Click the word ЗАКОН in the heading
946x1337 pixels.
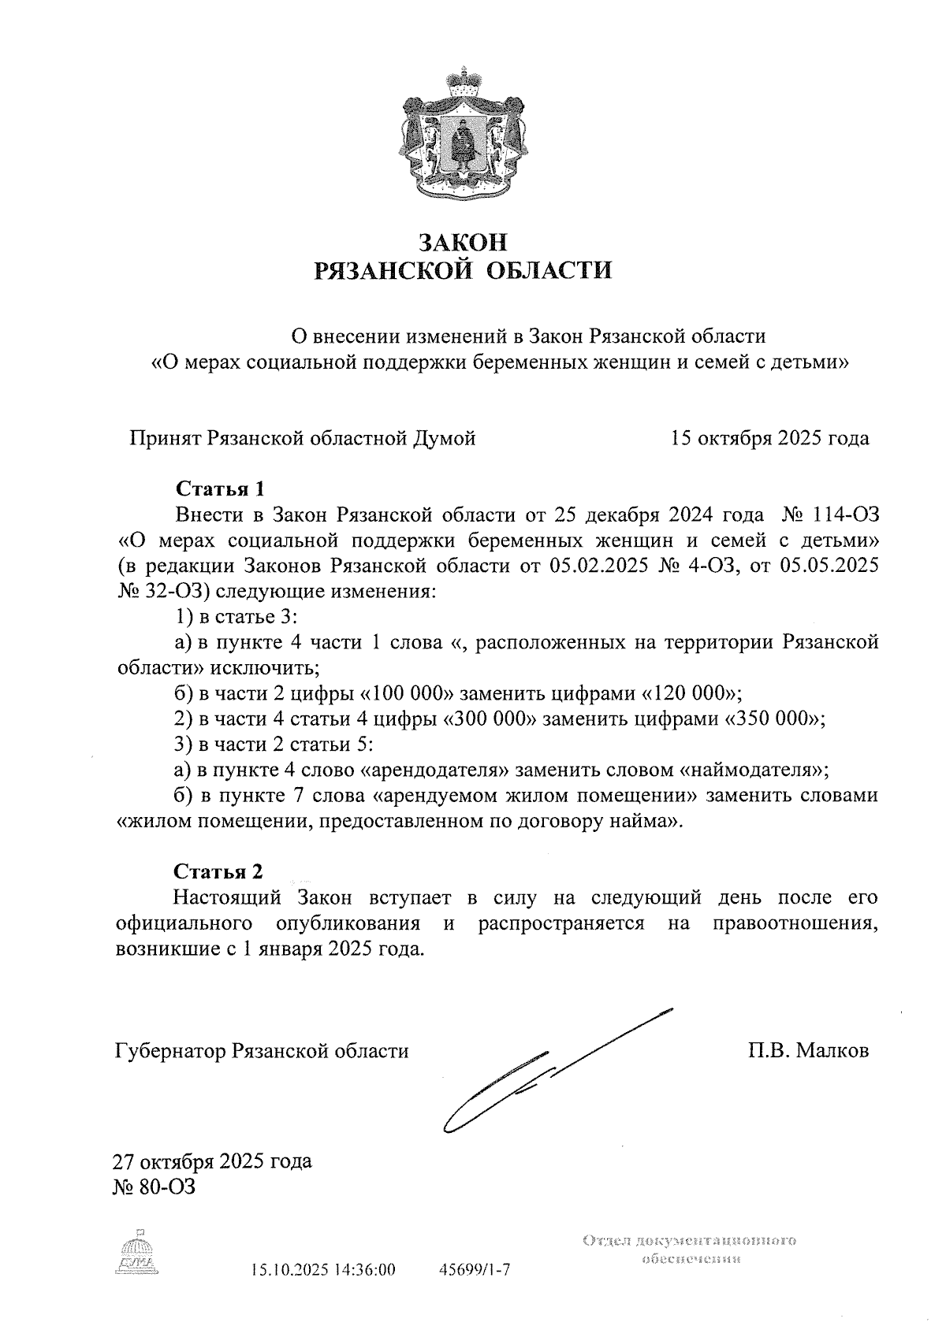pos(463,240)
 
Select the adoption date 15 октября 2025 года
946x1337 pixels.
pos(769,438)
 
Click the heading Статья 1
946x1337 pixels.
pos(218,488)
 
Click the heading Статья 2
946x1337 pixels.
pos(218,871)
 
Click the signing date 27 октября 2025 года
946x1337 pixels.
pos(213,1161)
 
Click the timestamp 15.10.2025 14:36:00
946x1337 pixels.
pos(322,1269)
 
